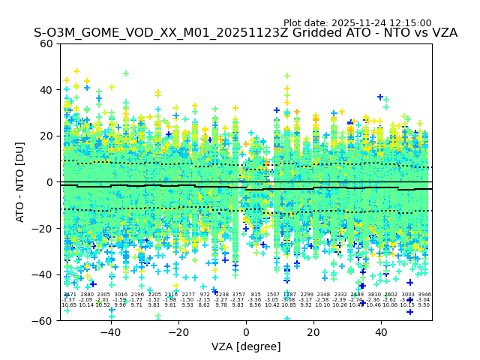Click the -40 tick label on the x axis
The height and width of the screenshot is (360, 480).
tap(110, 332)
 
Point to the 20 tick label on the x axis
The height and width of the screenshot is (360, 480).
tap(313, 332)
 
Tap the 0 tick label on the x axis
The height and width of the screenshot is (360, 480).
tap(246, 332)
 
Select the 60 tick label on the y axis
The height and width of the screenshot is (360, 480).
tap(47, 43)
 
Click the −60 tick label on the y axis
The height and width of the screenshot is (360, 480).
tap(43, 320)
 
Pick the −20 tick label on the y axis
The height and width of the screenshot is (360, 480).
tap(43, 228)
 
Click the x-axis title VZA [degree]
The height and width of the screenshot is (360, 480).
tap(246, 346)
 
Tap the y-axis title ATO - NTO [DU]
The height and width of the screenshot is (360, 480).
tap(21, 181)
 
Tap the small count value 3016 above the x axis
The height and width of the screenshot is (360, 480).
tap(121, 295)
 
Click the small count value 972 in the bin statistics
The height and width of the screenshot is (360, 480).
tap(205, 295)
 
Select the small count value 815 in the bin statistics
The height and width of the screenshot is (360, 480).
tap(256, 295)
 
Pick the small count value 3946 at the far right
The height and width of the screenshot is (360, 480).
tap(424, 295)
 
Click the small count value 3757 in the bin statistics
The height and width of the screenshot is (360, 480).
tap(238, 295)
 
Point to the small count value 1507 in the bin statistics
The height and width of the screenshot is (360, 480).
tap(272, 295)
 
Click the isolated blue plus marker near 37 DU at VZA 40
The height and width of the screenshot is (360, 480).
tap(381, 97)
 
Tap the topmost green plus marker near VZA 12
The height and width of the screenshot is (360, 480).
tap(286, 76)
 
